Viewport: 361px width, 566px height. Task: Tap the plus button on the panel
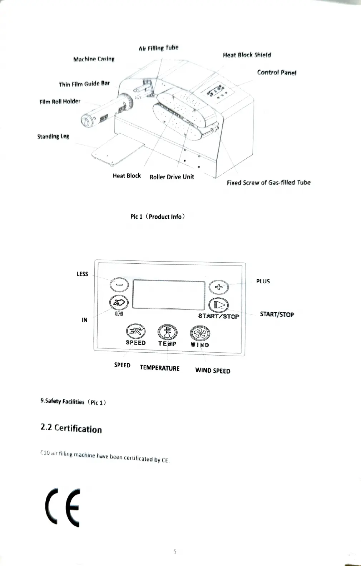(x=218, y=287)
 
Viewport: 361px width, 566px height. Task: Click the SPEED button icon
(x=136, y=332)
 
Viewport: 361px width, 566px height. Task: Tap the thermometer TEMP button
(x=167, y=332)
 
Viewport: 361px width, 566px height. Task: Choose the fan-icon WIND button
(x=200, y=333)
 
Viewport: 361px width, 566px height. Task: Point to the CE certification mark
(x=63, y=507)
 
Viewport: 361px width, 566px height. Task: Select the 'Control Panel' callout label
(x=277, y=73)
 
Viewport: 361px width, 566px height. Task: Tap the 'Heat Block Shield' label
(x=247, y=55)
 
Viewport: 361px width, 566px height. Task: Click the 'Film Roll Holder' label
(x=60, y=101)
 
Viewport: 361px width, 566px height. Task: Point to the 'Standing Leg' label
(x=53, y=136)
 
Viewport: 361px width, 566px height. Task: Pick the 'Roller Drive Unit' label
(x=172, y=177)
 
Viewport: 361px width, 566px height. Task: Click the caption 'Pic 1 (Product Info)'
(x=157, y=217)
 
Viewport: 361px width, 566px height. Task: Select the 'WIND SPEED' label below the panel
(x=213, y=371)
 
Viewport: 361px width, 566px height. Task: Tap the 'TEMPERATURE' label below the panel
(x=159, y=368)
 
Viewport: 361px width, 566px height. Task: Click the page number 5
(x=175, y=551)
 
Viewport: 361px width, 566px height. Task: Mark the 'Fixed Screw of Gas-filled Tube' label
(x=268, y=183)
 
